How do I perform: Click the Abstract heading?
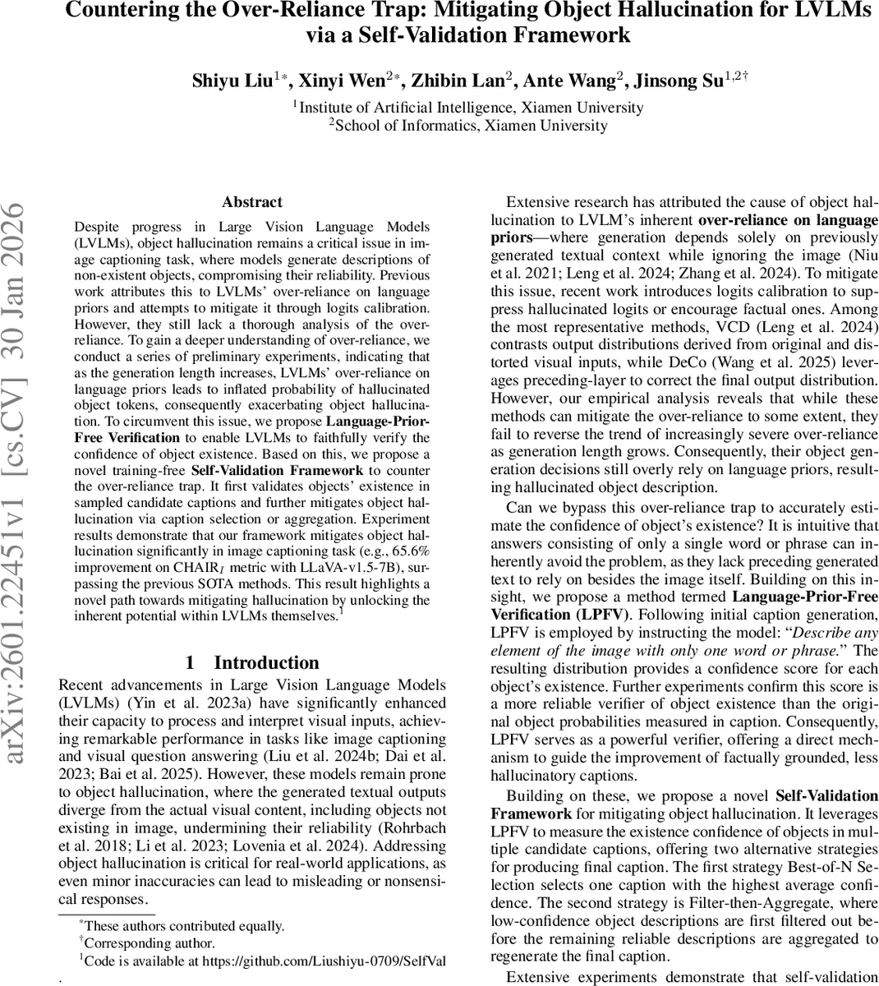click(x=251, y=202)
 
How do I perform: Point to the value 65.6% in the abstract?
click(x=410, y=550)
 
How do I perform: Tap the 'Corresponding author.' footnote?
click(x=150, y=942)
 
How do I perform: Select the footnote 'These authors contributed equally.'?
click(x=185, y=926)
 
